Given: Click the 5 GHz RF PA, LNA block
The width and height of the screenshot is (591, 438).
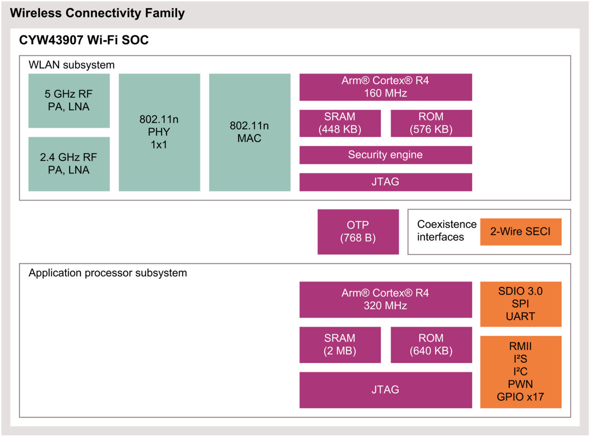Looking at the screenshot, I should tap(69, 100).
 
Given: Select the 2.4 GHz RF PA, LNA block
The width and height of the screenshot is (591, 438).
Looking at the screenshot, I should tap(69, 164).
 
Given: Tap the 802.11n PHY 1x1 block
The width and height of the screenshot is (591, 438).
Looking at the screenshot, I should tap(159, 132).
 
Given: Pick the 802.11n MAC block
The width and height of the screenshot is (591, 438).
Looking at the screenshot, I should tap(249, 132).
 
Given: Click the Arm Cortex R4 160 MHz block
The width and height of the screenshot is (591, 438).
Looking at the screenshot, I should tap(386, 87).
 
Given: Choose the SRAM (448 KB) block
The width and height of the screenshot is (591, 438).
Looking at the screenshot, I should tap(340, 123).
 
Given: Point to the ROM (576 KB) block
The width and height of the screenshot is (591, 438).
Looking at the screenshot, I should tap(431, 123).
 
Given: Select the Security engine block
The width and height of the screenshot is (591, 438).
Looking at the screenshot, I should tap(386, 155).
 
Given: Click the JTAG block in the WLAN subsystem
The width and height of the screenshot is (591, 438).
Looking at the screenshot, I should tap(386, 182).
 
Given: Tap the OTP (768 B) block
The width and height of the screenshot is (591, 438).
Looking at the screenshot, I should tap(358, 231).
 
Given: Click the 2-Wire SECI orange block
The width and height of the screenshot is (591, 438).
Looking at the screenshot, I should tap(520, 231).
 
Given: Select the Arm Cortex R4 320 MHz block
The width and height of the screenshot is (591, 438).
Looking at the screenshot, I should tap(386, 299).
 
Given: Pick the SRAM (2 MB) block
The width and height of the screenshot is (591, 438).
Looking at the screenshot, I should tap(340, 345).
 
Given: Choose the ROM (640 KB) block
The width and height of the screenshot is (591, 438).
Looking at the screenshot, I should tap(431, 345).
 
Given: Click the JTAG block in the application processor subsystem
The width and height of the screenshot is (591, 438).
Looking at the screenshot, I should tap(386, 390).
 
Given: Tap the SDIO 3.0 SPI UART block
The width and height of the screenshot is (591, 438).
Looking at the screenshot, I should tap(520, 304).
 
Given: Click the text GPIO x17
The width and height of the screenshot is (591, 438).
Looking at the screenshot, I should tap(520, 397).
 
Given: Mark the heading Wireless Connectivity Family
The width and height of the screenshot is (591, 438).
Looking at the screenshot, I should tap(97, 13).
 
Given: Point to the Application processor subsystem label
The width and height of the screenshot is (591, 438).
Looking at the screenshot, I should tap(108, 273).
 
